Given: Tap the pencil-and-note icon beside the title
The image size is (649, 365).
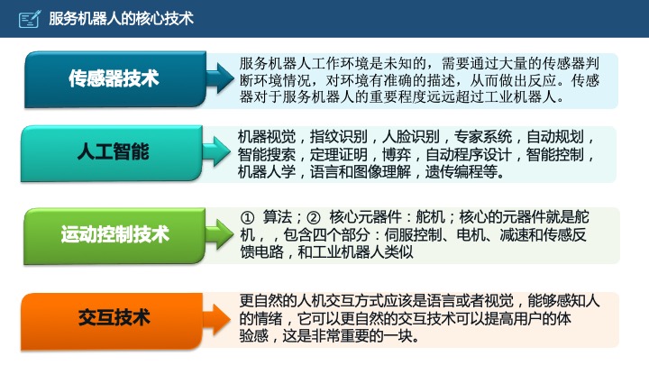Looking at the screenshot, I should [29, 18].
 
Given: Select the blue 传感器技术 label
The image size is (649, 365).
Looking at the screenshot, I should [114, 78].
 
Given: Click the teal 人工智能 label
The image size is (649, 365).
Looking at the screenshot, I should [114, 151].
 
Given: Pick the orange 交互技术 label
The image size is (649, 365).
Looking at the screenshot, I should [114, 317].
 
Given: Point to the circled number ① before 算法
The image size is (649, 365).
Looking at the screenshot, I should [248, 218].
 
